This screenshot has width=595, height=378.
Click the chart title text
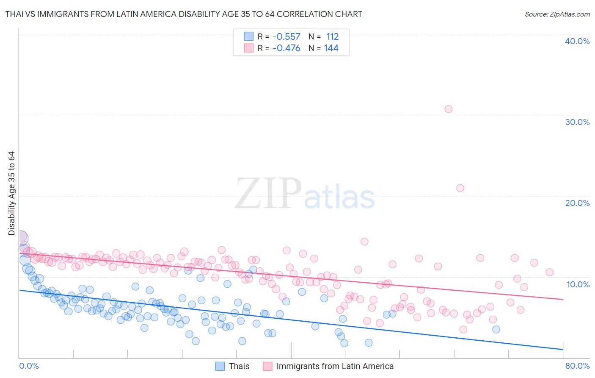point(184,14)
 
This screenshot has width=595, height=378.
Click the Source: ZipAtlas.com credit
point(557,14)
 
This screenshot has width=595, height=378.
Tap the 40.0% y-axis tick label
point(577,41)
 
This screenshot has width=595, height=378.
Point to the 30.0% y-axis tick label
point(577,122)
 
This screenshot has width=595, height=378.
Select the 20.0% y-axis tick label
point(577,203)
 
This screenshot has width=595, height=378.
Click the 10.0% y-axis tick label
point(578,284)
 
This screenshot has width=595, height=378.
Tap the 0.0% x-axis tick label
point(29,366)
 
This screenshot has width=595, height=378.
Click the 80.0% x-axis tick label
point(577,366)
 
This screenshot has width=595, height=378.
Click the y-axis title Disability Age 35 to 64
point(11,193)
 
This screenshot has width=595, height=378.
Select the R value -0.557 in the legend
point(286,37)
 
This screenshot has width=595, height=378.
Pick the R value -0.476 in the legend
point(286,48)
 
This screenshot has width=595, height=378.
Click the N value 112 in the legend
point(332,37)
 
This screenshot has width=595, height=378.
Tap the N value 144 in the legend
point(331,48)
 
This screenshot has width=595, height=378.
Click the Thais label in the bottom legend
point(239,366)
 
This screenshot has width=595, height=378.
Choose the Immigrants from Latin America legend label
point(335,366)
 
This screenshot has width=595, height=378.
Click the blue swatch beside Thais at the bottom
point(220,366)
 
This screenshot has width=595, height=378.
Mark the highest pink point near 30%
point(449,109)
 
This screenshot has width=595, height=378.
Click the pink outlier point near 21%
point(460,188)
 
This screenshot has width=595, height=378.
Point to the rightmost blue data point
point(496,329)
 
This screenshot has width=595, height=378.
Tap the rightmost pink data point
point(549,272)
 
